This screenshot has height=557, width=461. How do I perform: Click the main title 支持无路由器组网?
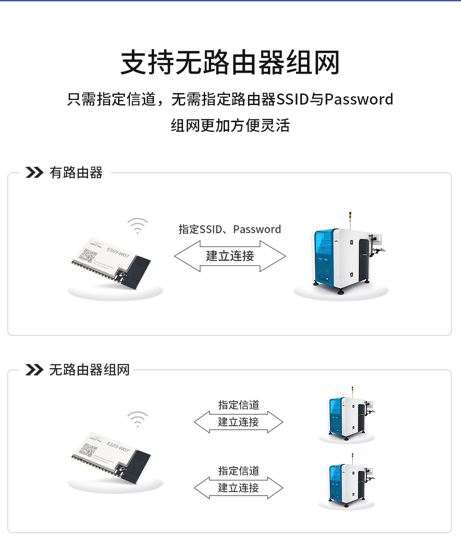click(230, 63)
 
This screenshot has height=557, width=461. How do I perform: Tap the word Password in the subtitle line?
click(359, 100)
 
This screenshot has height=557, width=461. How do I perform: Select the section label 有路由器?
click(76, 173)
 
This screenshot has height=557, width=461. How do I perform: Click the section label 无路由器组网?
click(89, 369)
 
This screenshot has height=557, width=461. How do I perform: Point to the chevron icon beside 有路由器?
click(34, 173)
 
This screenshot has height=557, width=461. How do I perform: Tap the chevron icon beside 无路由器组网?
click(34, 369)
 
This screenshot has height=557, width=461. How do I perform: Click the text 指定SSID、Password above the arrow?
click(230, 229)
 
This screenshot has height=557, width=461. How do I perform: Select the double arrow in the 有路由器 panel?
click(230, 256)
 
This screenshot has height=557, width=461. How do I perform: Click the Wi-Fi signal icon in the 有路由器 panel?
click(137, 226)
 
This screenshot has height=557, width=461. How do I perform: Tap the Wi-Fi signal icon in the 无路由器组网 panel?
click(137, 419)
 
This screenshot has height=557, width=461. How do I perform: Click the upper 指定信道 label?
click(238, 405)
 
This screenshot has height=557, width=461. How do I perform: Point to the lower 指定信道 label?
click(238, 471)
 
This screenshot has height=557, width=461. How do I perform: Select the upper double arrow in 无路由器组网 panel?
click(238, 422)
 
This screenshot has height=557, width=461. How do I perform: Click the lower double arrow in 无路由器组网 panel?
click(238, 488)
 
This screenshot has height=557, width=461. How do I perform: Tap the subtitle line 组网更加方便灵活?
click(230, 125)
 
